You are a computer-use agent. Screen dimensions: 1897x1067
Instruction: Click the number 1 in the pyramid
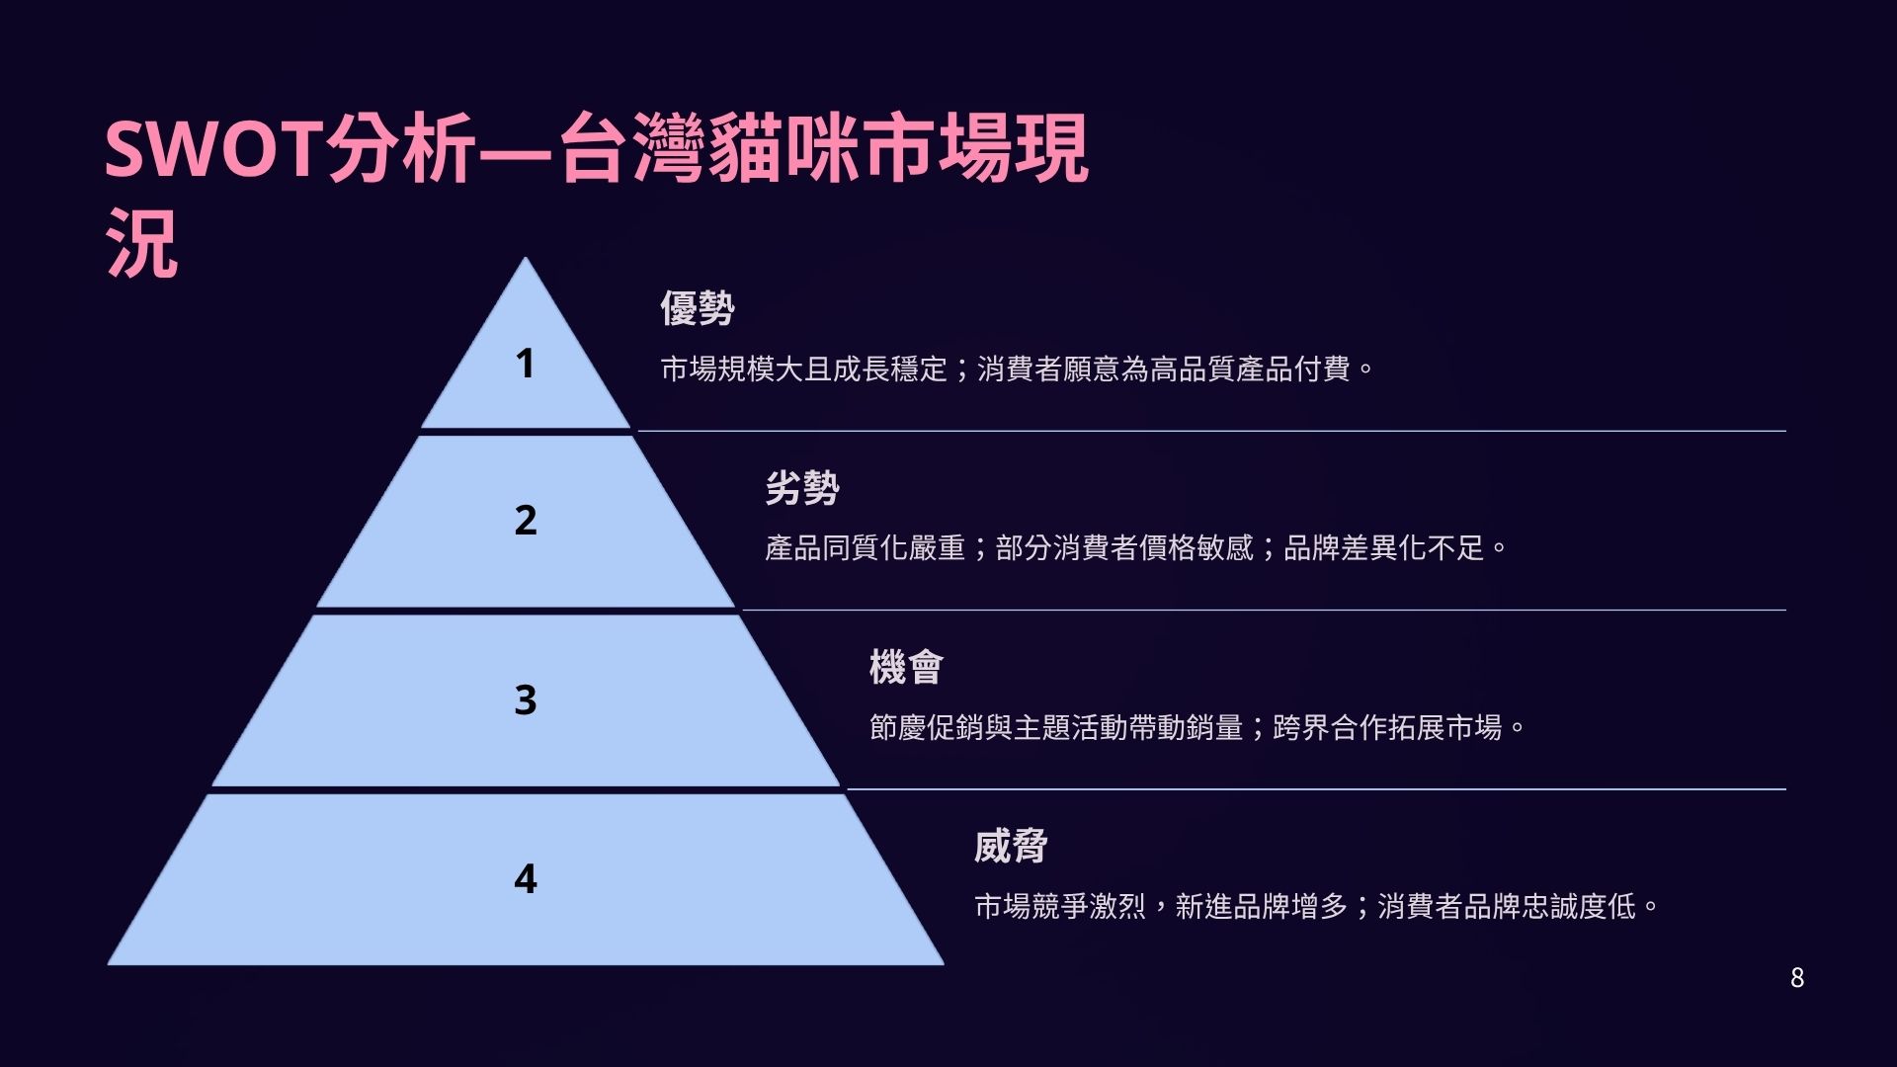525,364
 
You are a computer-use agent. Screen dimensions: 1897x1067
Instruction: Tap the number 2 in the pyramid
526,520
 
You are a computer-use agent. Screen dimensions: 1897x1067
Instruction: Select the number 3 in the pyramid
526,699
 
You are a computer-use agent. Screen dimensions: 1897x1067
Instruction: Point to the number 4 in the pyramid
526,878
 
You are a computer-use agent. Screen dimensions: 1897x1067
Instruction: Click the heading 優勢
698,308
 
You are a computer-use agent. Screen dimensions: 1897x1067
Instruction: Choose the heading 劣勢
802,488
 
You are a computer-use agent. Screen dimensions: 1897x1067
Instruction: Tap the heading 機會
906,667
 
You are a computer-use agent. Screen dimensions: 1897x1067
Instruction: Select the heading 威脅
1011,847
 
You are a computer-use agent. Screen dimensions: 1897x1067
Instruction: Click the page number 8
1797,978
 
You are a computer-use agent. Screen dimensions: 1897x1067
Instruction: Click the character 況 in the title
142,243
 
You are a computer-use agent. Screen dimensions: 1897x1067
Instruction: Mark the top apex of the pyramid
526,257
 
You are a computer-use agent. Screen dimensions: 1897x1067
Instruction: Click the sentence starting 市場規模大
1017,369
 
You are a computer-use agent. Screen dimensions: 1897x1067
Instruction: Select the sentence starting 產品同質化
1136,548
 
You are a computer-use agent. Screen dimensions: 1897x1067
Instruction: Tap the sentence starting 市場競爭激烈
1317,907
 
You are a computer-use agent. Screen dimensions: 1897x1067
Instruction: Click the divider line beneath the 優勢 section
1212,431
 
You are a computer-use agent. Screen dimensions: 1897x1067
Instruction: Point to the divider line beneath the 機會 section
1317,789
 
